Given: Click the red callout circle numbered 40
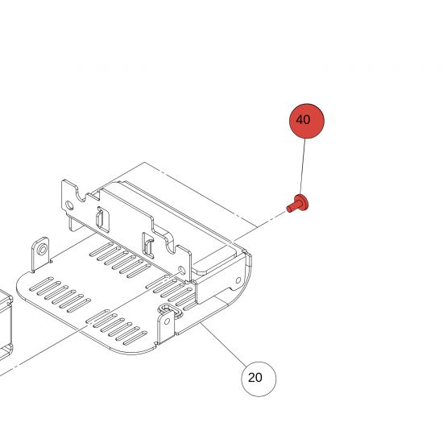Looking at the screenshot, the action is (x=307, y=121).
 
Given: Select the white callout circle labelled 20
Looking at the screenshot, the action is (x=259, y=379).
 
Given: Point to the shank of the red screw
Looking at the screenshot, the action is (x=292, y=208).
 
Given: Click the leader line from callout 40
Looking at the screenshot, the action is (x=303, y=167).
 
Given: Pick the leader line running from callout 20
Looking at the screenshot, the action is (x=222, y=343).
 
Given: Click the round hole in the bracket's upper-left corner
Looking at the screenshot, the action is (x=69, y=205).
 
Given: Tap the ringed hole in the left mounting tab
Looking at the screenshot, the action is (x=43, y=250).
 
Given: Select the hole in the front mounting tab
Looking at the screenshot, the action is (x=167, y=321).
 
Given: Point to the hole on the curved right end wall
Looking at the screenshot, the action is (x=238, y=280).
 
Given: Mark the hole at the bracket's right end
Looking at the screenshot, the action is (x=182, y=271).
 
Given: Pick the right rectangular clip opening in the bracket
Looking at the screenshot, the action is (x=148, y=246).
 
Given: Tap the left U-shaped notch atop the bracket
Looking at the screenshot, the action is (x=81, y=194).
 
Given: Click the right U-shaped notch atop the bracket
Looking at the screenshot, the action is (x=171, y=245).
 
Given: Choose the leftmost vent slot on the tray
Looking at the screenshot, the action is (x=41, y=284).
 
